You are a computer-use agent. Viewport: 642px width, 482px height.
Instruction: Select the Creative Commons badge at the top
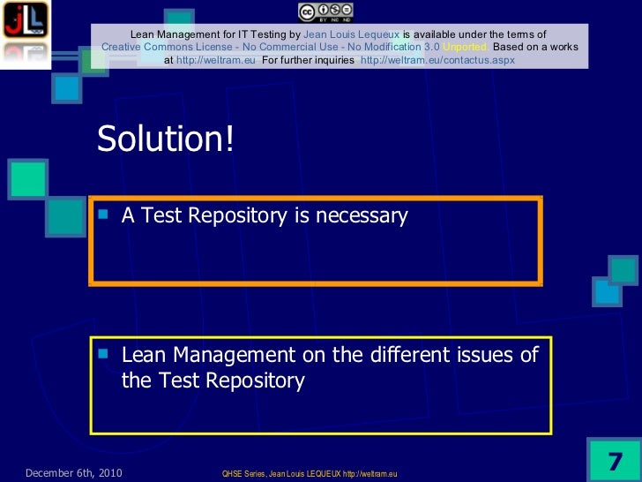(x=325, y=11)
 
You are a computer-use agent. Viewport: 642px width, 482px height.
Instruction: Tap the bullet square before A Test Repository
(x=103, y=212)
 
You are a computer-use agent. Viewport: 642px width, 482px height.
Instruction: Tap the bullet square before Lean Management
(x=103, y=352)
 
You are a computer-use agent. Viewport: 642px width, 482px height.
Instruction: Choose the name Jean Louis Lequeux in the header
(x=351, y=34)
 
